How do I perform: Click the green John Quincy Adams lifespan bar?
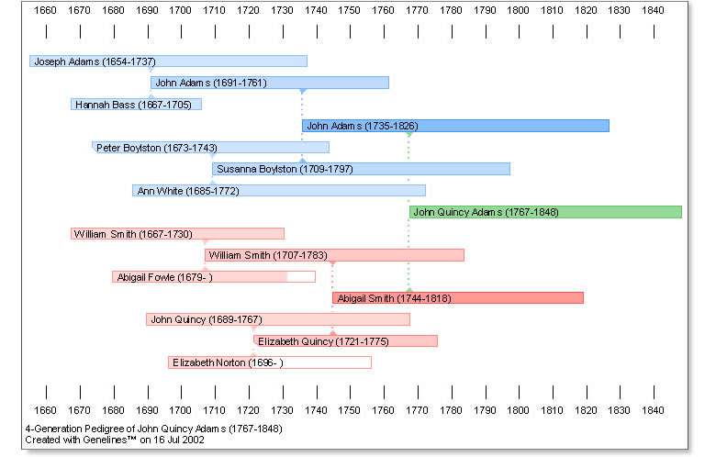click(545, 212)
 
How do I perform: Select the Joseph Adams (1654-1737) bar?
click(168, 61)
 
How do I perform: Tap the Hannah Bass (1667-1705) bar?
click(136, 105)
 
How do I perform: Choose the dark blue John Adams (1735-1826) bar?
click(455, 126)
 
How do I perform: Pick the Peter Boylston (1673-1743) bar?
click(210, 148)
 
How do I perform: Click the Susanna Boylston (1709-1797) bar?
click(361, 169)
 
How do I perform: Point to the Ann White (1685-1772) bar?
click(279, 190)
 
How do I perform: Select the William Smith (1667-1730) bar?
click(178, 234)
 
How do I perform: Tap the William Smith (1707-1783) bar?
click(334, 255)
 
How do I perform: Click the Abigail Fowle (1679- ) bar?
click(214, 276)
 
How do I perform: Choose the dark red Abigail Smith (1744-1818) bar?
click(458, 298)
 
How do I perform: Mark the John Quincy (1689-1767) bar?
click(278, 319)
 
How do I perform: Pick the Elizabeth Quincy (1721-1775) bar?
click(346, 341)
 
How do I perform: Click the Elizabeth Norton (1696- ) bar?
click(270, 362)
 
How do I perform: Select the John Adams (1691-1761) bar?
click(270, 83)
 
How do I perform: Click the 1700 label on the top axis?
click(180, 10)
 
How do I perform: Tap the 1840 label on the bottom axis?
click(653, 410)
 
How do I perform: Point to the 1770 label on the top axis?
click(417, 10)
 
